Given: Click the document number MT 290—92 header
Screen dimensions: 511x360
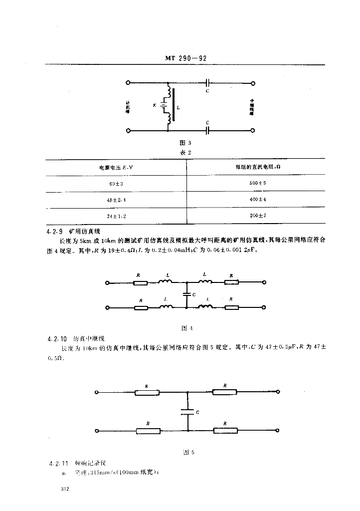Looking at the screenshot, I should pyautogui.click(x=185, y=58).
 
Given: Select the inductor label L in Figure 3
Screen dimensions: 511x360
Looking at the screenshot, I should pyautogui.click(x=179, y=107).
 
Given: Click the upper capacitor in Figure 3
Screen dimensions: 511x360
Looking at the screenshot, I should pyautogui.click(x=207, y=83).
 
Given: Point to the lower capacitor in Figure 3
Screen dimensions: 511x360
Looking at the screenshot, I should pyautogui.click(x=207, y=130).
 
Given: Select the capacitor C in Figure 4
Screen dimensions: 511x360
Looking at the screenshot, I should pyautogui.click(x=186, y=295).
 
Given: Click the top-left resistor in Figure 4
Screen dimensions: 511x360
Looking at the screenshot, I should pyautogui.click(x=141, y=283).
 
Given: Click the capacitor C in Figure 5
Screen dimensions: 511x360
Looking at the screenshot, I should pyautogui.click(x=187, y=413).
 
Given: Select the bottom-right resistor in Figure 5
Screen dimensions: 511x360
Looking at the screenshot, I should pyautogui.click(x=225, y=430).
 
